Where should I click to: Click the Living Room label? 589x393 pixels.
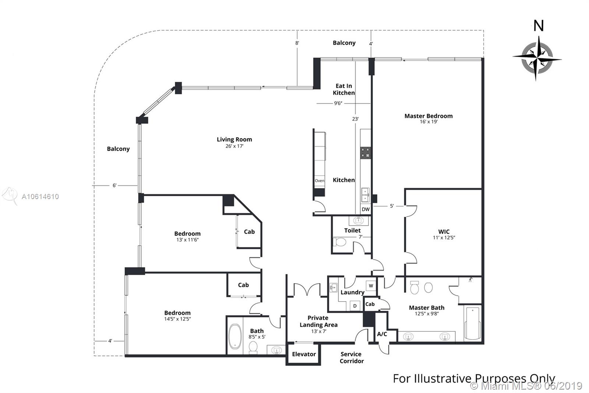234,139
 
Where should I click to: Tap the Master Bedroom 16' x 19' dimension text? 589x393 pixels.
428,122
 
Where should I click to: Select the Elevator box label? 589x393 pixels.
304,354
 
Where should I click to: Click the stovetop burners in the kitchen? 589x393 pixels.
365,153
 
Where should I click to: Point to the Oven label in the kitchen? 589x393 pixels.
320,181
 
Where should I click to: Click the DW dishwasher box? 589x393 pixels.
366,209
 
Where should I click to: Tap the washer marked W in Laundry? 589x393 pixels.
371,285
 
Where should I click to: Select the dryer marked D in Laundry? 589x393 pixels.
355,306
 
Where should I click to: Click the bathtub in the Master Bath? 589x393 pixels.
473,323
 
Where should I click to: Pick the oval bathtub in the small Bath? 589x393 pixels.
235,336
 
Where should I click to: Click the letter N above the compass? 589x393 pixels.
539,26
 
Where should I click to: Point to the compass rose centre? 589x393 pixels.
537,59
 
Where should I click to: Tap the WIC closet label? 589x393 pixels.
444,232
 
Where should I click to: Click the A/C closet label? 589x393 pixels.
382,334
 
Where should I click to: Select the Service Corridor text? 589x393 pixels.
351,358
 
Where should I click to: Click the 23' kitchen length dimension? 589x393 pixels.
355,119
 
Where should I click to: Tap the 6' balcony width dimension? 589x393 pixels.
114,185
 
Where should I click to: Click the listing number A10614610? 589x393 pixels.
40,196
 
